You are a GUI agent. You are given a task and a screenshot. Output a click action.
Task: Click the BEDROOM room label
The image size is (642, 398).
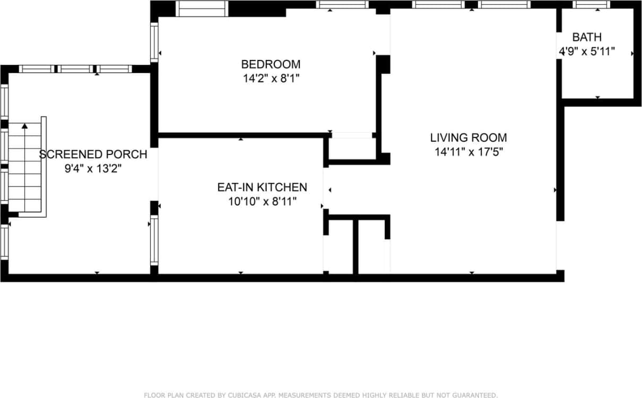[271, 64]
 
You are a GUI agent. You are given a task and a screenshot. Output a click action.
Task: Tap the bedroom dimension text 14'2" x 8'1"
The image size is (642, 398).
[271, 79]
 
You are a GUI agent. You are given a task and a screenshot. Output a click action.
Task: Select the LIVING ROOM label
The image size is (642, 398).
[468, 137]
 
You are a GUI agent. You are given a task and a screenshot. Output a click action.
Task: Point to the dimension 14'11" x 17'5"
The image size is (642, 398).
[468, 152]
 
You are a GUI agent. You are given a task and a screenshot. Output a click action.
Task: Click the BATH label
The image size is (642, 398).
[587, 37]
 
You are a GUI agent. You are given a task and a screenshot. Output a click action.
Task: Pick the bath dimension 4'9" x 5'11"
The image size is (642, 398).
[587, 51]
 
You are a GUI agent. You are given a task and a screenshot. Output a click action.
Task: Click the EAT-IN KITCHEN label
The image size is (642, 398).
[262, 187]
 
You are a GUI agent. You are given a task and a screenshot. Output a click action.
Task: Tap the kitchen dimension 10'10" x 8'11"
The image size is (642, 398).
[262, 201]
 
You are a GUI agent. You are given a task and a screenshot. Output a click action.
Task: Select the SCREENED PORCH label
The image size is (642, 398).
[93, 154]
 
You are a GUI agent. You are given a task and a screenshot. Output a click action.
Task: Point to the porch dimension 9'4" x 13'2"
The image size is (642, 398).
[93, 169]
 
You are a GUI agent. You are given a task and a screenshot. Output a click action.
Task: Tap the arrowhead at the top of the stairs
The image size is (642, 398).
[24, 126]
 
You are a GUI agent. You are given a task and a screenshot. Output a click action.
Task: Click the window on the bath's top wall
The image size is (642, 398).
[592, 5]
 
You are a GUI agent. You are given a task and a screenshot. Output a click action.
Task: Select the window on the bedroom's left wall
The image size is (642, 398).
[154, 41]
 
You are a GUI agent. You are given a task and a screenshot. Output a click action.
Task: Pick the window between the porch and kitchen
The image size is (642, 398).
[154, 240]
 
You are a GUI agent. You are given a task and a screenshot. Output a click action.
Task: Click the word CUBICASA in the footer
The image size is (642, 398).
[237, 395]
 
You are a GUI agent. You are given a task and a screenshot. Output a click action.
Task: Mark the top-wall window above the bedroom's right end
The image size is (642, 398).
[342, 5]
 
